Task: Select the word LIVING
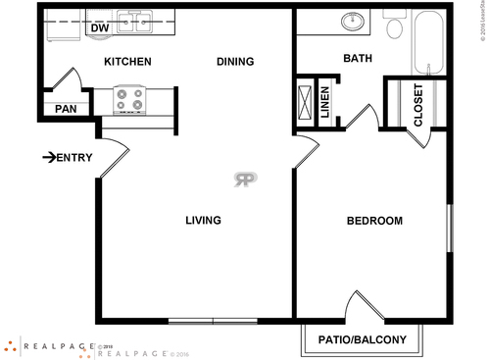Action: pyautogui.click(x=203, y=220)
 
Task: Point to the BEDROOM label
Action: pyautogui.click(x=374, y=221)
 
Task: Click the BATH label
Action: pyautogui.click(x=357, y=59)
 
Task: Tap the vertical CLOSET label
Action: pyautogui.click(x=418, y=105)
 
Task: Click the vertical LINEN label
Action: pyautogui.click(x=326, y=103)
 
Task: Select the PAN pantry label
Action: pyautogui.click(x=66, y=109)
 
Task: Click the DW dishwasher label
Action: pyautogui.click(x=99, y=28)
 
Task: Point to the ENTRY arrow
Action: pyautogui.click(x=49, y=157)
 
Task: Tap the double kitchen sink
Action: pyautogui.click(x=135, y=20)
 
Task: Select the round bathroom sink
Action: pyautogui.click(x=350, y=21)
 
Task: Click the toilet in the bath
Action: pyautogui.click(x=395, y=26)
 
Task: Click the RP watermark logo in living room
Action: pyautogui.click(x=245, y=179)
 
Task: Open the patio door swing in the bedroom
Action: pyautogui.click(x=363, y=306)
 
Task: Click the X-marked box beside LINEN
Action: pyautogui.click(x=306, y=101)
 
